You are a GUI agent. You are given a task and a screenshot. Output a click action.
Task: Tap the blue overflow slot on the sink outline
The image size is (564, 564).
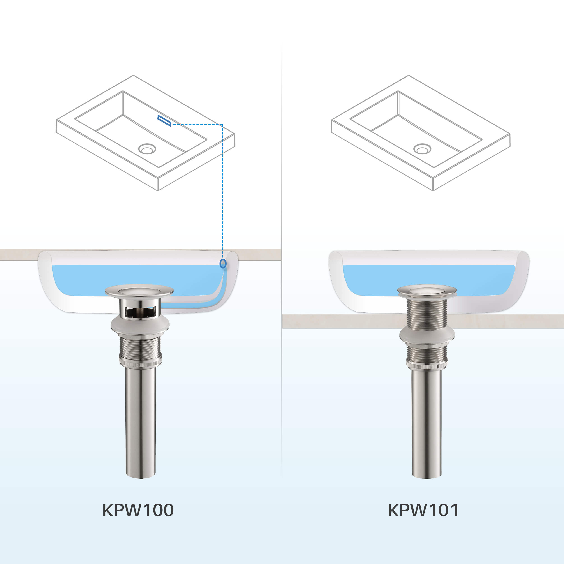(164, 120)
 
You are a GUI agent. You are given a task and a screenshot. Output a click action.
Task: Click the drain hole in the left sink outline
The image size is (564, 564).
(147, 149)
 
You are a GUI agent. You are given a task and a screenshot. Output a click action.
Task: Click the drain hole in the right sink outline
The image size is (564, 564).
(422, 149)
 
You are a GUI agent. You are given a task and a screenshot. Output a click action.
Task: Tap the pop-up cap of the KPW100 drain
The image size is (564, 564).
(139, 291)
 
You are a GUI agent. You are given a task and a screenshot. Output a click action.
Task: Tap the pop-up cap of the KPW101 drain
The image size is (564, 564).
(427, 291)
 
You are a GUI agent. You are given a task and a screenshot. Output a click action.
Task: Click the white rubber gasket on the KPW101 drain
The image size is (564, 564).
(427, 336)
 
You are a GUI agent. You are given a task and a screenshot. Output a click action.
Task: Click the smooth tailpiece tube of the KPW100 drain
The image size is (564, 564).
(140, 423)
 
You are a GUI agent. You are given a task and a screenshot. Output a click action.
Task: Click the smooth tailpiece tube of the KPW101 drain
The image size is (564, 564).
(427, 423)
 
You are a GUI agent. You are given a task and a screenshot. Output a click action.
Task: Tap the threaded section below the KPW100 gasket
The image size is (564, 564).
(140, 347)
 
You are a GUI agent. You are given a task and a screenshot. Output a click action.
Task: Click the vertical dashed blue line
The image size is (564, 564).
(223, 190)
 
